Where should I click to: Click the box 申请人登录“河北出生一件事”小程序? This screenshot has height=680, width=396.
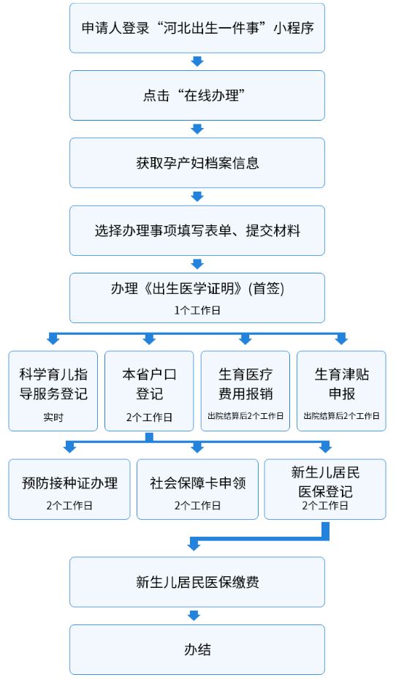(x=197, y=29)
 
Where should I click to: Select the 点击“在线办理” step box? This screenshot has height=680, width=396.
(x=197, y=95)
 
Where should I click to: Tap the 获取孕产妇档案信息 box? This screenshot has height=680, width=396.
(x=197, y=163)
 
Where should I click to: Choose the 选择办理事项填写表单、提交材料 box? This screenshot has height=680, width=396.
(x=197, y=231)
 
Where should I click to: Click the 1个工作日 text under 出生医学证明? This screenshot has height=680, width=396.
(x=197, y=311)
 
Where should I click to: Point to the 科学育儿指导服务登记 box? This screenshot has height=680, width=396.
(x=53, y=391)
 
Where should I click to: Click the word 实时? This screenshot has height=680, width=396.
(x=53, y=418)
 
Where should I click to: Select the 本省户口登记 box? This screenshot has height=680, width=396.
(x=149, y=391)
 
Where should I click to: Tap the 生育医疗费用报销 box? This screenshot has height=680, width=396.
(x=245, y=391)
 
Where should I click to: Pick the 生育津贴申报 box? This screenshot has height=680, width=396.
(x=341, y=391)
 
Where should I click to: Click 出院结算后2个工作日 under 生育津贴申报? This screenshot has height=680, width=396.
(x=341, y=416)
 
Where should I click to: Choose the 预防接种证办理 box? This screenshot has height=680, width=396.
(x=69, y=489)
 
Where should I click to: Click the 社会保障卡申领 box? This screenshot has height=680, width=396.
(x=197, y=489)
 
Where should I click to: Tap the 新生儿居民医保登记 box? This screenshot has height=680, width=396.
(x=325, y=489)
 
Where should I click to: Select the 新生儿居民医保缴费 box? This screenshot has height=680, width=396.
(x=197, y=582)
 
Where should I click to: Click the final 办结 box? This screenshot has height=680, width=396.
(x=197, y=649)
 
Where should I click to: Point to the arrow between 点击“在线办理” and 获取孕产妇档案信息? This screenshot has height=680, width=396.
(x=197, y=129)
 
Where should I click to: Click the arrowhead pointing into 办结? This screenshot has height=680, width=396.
(x=194, y=616)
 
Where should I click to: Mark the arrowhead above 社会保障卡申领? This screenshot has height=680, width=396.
(x=197, y=447)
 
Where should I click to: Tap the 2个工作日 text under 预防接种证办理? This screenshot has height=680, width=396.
(x=69, y=506)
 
